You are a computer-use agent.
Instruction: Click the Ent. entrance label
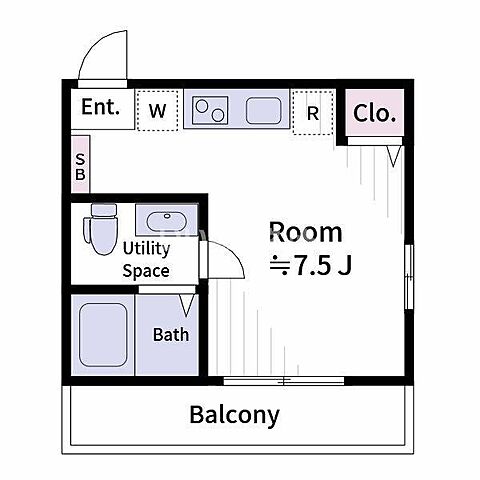tap(100, 107)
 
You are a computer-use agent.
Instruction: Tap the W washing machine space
tap(157, 110)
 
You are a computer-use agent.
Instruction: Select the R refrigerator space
tap(313, 112)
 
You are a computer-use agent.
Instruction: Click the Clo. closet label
tap(374, 113)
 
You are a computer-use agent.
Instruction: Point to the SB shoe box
tap(80, 164)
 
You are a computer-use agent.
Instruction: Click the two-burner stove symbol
tap(210, 110)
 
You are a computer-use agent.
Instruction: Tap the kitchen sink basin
tap(263, 110)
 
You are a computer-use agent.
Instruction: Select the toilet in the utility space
tap(101, 229)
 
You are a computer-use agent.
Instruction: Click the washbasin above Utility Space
tap(167, 220)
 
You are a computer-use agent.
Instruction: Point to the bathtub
tap(103, 335)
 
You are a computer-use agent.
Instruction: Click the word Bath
tap(171, 334)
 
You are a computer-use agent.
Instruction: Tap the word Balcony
tap(234, 415)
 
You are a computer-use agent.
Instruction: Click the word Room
tap(306, 232)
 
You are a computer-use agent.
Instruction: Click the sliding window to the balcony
tap(283, 381)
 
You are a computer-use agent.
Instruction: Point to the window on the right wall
tap(409, 277)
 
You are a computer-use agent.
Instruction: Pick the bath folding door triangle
tap(187, 305)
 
